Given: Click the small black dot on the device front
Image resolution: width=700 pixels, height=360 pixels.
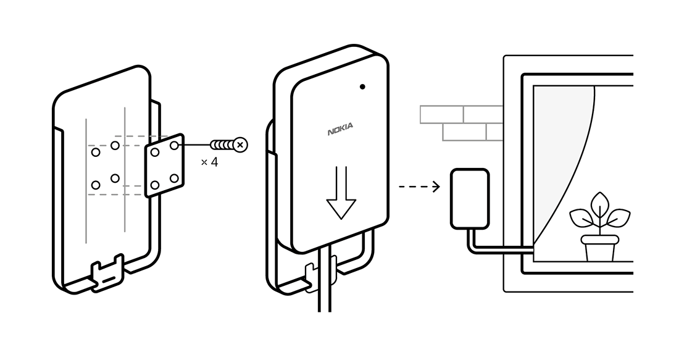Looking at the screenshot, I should tap(362, 86).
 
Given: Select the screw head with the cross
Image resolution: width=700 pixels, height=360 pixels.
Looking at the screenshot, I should tap(241, 145).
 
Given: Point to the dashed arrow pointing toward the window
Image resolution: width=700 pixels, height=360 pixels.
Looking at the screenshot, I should tap(419, 186).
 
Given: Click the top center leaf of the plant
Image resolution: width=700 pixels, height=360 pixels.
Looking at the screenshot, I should tap(599, 204).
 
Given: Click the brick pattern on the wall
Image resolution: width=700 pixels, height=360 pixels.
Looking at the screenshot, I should tap(463, 123).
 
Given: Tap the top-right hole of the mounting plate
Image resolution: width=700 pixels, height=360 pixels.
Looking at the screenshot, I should tap(175, 145).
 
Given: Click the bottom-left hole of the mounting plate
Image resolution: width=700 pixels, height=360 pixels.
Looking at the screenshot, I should tap(155, 185).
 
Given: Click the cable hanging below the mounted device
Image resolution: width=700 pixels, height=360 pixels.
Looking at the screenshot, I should tap(325, 290).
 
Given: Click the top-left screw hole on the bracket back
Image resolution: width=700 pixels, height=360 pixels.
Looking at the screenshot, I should tap(96, 152).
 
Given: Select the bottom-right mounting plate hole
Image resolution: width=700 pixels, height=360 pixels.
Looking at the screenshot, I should tap(174, 178).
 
